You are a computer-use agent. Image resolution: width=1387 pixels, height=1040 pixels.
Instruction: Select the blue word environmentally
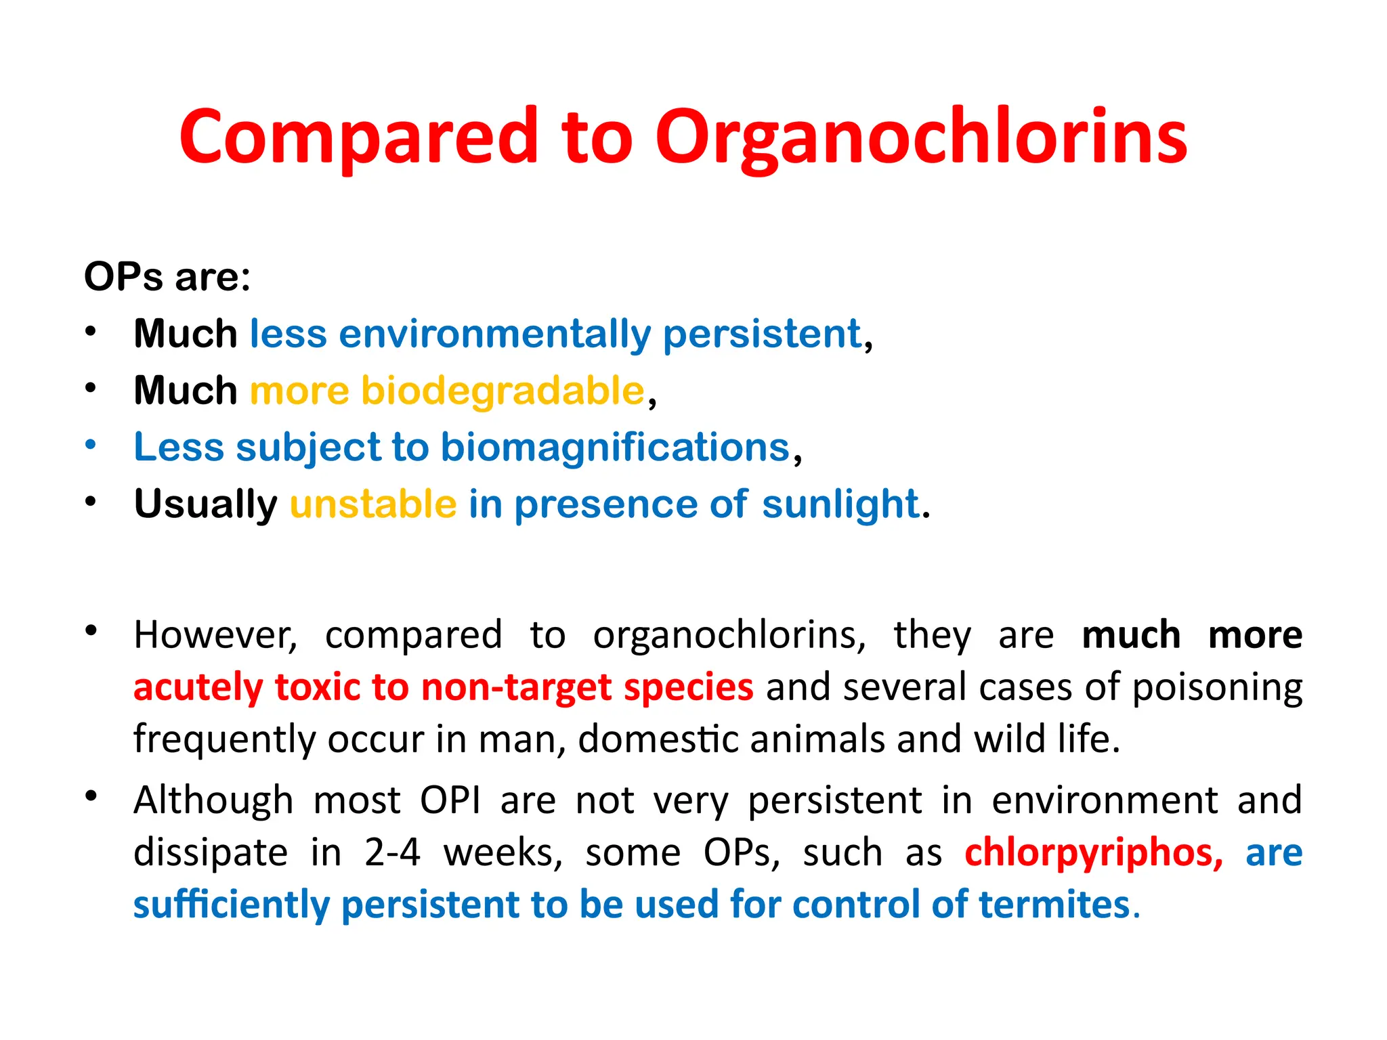pos(494,334)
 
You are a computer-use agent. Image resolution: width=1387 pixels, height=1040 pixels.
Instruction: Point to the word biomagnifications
pos(615,448)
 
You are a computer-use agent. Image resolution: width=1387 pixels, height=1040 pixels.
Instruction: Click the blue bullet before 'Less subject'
pos(91,445)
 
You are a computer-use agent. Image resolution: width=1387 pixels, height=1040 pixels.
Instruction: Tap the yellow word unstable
pos(373,504)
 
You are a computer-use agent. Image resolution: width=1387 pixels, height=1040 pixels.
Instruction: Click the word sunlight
pos(840,504)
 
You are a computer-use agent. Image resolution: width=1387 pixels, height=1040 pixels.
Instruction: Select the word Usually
pos(205,504)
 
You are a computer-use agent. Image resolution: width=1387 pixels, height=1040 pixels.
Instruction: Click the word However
pos(214,635)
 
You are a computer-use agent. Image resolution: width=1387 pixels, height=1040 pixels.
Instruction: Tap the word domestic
pos(658,739)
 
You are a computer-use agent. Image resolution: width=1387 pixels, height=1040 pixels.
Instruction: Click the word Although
pos(213,800)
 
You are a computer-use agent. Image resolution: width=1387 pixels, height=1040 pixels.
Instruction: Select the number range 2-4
pos(392,852)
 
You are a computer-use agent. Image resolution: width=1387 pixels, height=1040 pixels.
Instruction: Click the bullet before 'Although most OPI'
pos(91,796)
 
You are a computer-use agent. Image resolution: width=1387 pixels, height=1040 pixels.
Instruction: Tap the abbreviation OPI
pos(450,800)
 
